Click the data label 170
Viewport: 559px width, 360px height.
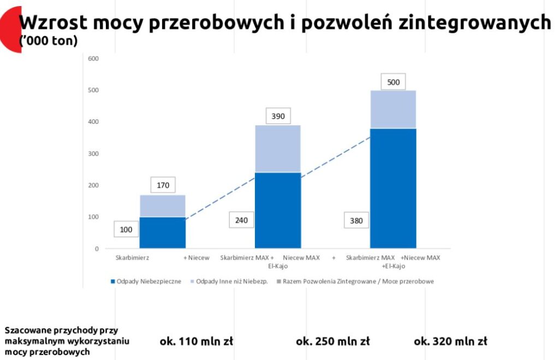[x=163, y=185]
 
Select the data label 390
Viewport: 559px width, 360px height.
[x=278, y=116]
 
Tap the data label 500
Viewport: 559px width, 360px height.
[x=393, y=83]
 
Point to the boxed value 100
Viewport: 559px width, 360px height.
[x=126, y=230]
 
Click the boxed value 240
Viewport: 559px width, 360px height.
[x=241, y=220]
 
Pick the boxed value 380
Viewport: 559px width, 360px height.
[x=356, y=221]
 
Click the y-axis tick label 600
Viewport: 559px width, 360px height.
[x=93, y=59]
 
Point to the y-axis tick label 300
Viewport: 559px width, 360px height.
[x=93, y=154]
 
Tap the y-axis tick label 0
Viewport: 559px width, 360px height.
[x=97, y=249]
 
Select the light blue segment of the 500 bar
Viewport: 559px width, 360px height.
[x=393, y=110]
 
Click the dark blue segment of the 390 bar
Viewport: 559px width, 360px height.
[x=278, y=210]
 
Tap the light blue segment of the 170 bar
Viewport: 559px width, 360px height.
[x=163, y=206]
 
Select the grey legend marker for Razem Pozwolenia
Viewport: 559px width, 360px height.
[x=279, y=281]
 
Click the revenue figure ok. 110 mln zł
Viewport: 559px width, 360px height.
[x=196, y=341]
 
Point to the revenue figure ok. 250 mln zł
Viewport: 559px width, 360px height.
[x=332, y=341]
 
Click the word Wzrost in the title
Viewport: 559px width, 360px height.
[x=53, y=23]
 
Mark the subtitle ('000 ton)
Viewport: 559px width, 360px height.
[x=48, y=41]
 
